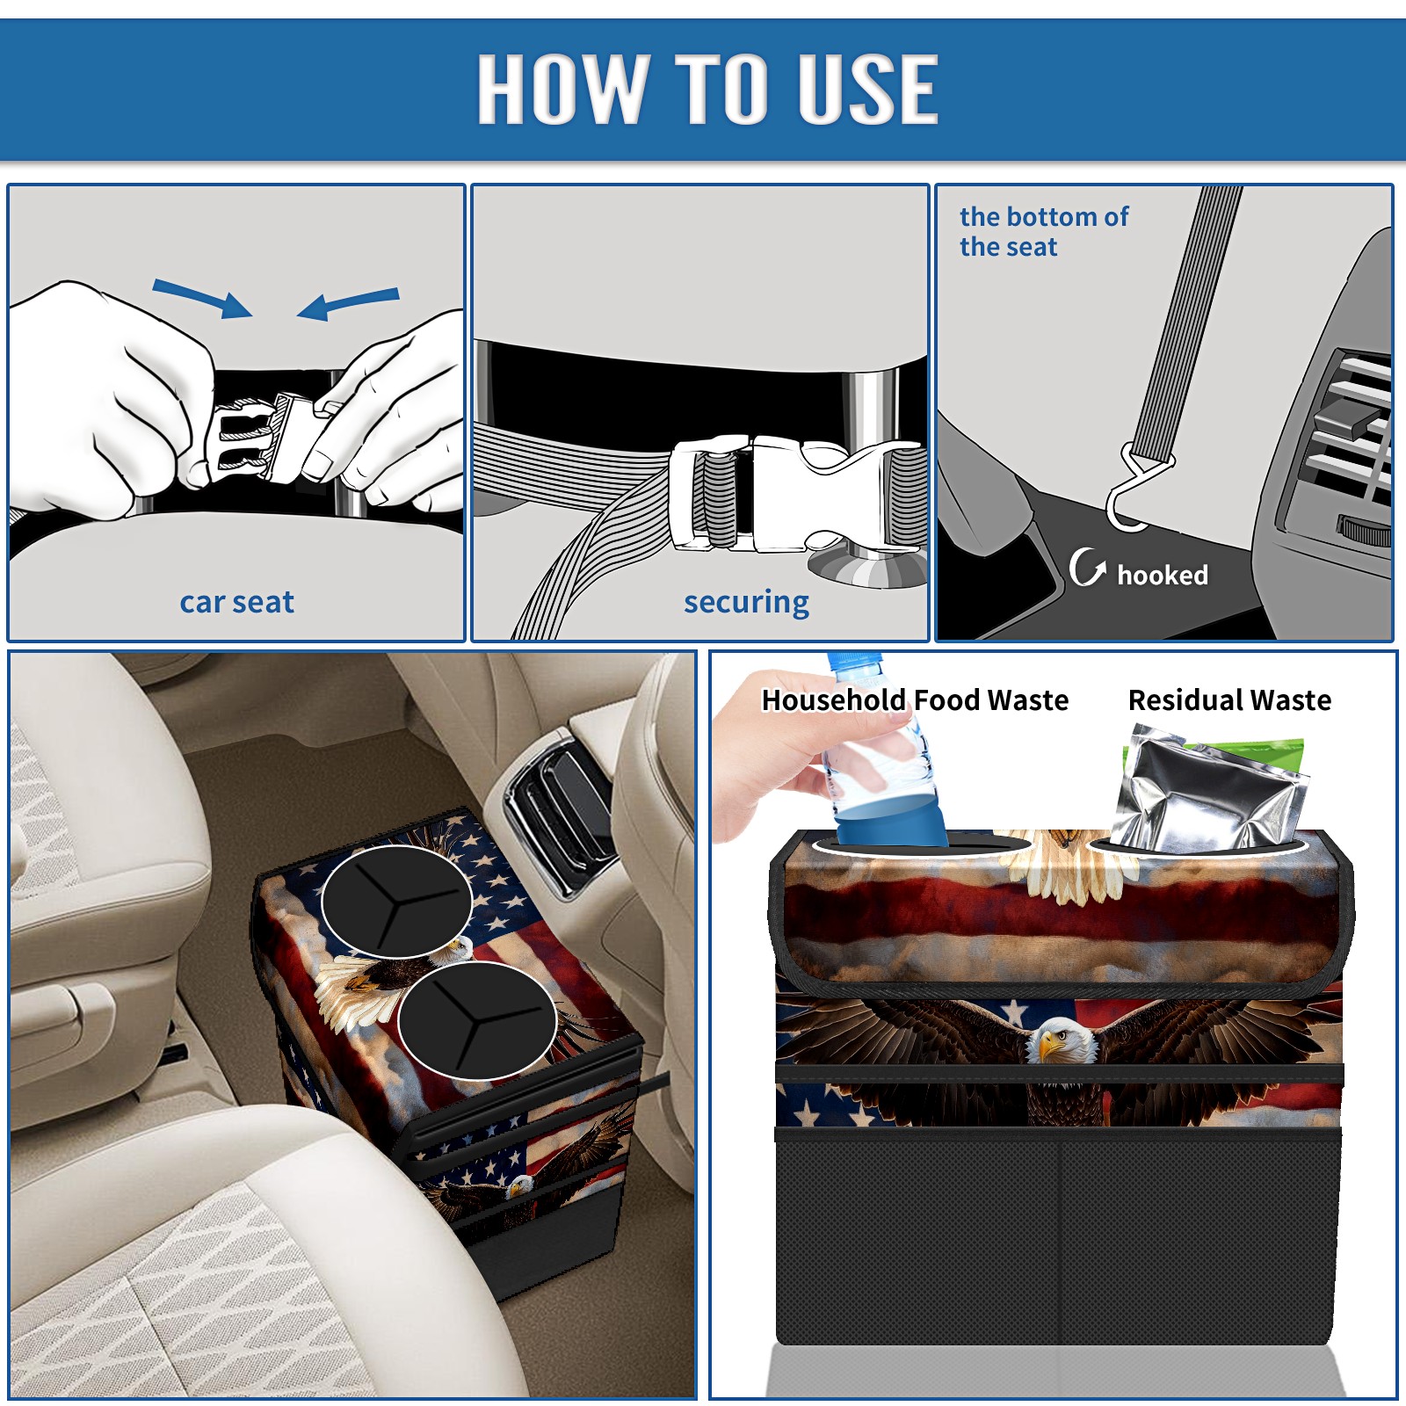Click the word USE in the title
coord(868,88)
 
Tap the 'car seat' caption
coord(236,602)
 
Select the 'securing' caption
coord(746,603)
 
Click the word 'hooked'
coord(1163,575)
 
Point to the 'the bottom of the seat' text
coord(1043,232)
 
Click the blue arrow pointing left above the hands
coord(348,303)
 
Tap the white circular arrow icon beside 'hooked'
coord(1087,567)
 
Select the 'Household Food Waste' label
coord(915,699)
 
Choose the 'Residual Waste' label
coord(1229,699)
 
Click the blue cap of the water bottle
coord(853,662)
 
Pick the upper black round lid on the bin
coord(396,901)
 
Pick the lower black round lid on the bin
coord(476,1019)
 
